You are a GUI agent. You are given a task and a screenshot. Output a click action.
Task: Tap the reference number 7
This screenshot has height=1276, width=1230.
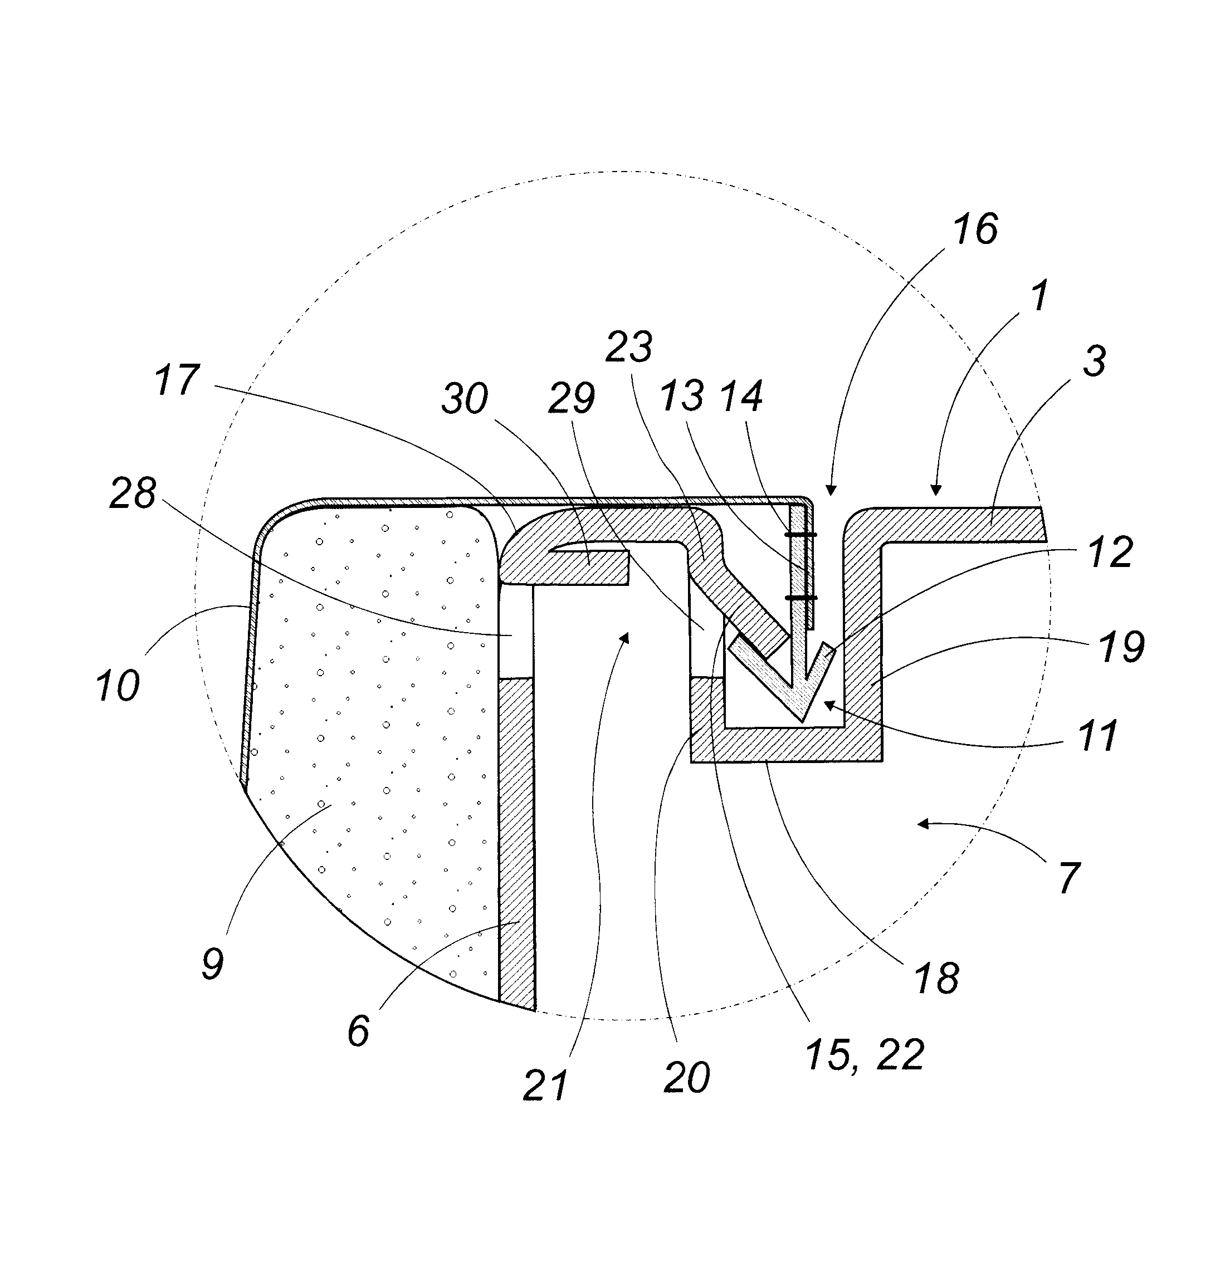1069,878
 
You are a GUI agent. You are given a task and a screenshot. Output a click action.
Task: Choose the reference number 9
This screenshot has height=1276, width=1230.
213,964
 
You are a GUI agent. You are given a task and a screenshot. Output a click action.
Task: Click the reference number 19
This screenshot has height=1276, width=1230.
1121,647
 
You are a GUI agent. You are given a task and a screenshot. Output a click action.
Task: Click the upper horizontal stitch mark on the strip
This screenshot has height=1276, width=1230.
801,535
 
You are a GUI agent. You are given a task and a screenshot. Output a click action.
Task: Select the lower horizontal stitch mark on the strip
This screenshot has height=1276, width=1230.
801,597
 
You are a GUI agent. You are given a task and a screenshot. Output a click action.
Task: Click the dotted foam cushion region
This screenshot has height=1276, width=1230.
365,716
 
